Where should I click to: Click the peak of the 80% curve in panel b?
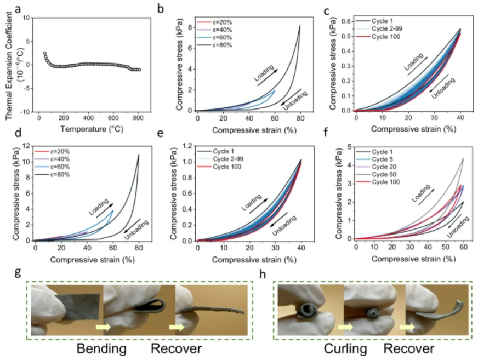299,25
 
